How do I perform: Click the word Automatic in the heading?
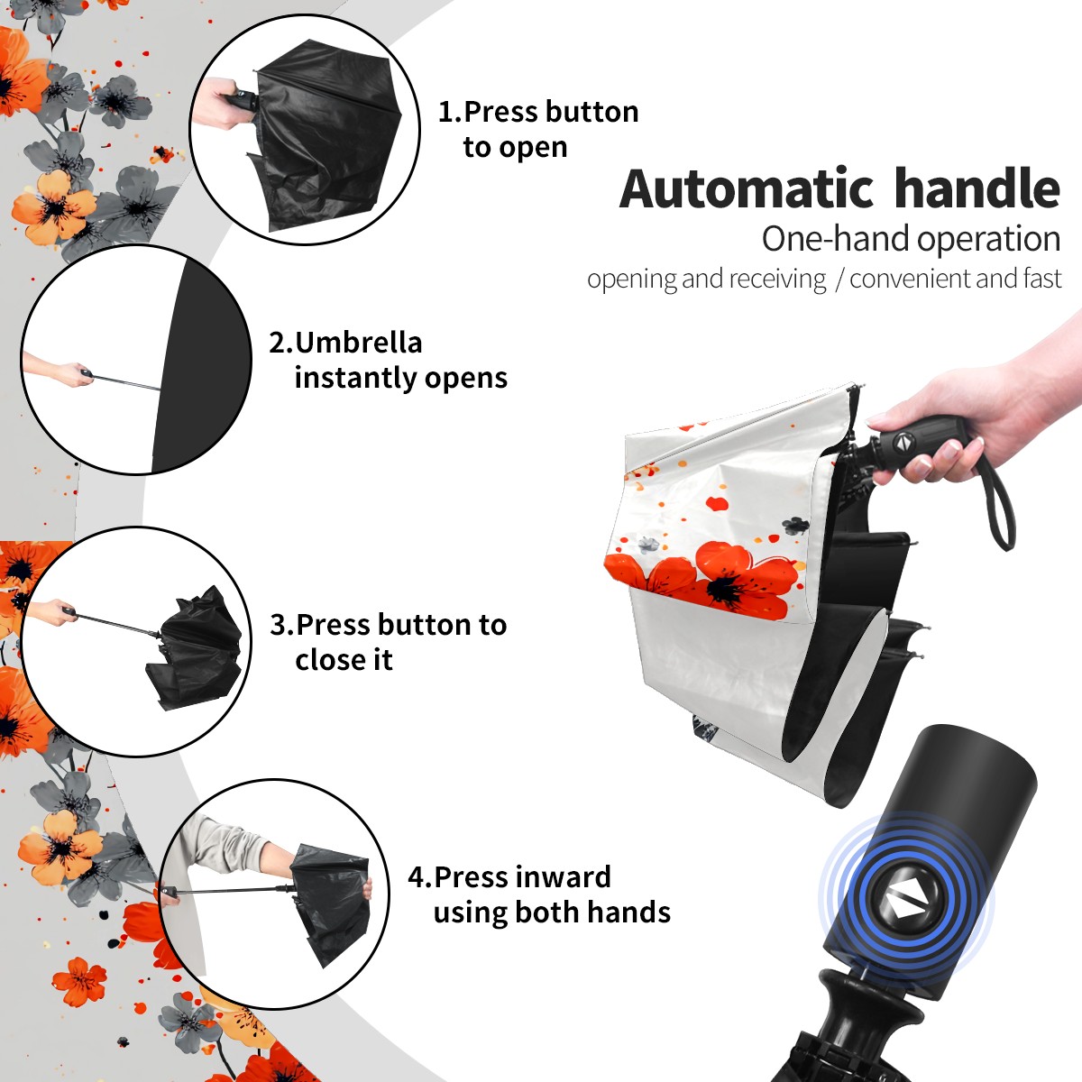pyautogui.click(x=747, y=189)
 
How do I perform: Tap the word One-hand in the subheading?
pyautogui.click(x=836, y=239)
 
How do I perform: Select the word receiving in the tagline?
pyautogui.click(x=781, y=279)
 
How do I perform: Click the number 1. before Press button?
pyautogui.click(x=449, y=112)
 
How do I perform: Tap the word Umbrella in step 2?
pyautogui.click(x=359, y=343)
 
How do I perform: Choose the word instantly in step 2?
pyautogui.click(x=356, y=377)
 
